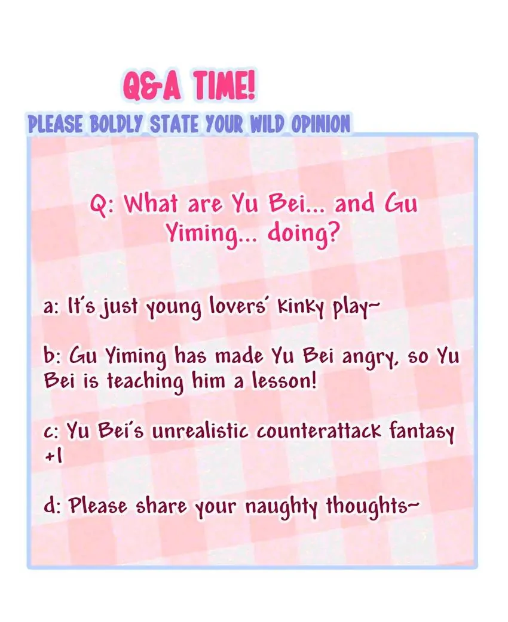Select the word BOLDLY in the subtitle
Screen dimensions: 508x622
(116, 124)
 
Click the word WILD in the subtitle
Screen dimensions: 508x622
(266, 124)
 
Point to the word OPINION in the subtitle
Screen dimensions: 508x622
(321, 124)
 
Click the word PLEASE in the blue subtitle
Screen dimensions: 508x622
(55, 124)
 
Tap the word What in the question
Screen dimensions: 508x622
(151, 204)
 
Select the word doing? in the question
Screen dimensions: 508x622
(304, 234)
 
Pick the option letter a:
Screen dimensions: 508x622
(51, 307)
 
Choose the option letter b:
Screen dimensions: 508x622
(51, 356)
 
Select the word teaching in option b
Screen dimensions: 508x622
(145, 382)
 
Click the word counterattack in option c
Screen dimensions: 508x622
(319, 431)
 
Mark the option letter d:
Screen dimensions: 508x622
(51, 505)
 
